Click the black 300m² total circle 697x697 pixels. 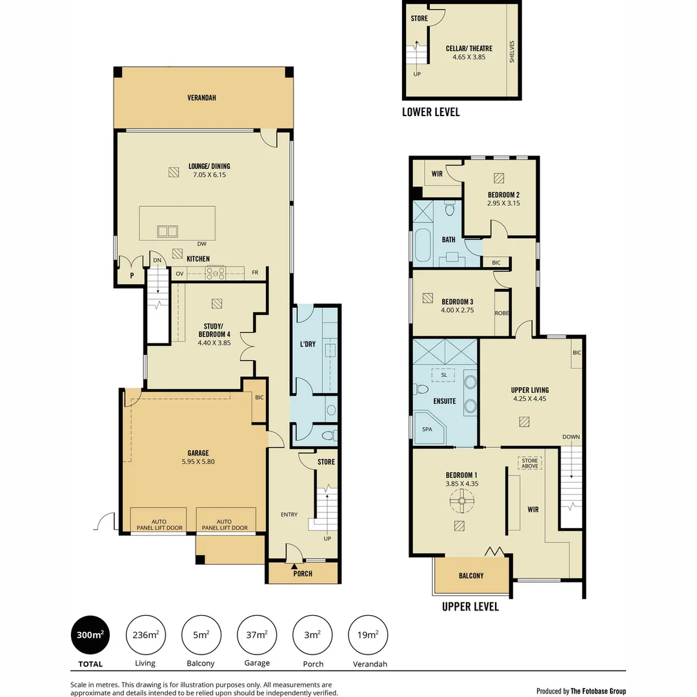[89, 635]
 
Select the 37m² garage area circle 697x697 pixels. [257, 635]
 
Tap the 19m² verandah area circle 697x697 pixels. [368, 635]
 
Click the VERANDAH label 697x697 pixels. [201, 98]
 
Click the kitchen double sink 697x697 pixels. [168, 230]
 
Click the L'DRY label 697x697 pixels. [308, 344]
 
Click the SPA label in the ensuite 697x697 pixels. [427, 429]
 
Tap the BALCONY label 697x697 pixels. [470, 576]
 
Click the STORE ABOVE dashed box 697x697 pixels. [529, 463]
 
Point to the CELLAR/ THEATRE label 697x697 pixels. [469, 48]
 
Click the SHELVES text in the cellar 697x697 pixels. [511, 52]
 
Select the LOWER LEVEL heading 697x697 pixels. [430, 112]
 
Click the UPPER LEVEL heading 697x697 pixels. [470, 607]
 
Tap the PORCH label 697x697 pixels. [302, 574]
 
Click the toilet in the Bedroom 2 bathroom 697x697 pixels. [450, 209]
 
